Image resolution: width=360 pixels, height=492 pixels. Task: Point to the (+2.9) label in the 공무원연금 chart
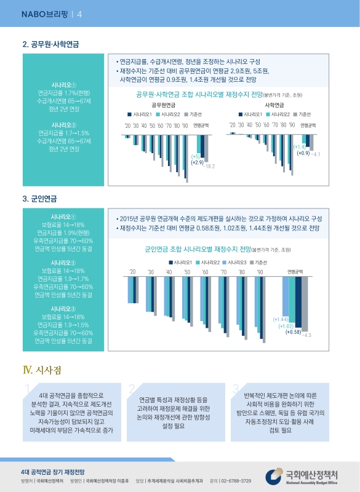(197, 162)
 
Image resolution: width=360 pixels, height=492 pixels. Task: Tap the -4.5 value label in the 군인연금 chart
(306, 335)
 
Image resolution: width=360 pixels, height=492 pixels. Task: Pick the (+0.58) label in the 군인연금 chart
(293, 332)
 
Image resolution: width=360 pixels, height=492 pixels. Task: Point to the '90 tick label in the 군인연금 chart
(260, 271)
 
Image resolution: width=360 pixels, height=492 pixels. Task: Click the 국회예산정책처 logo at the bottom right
(304, 477)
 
